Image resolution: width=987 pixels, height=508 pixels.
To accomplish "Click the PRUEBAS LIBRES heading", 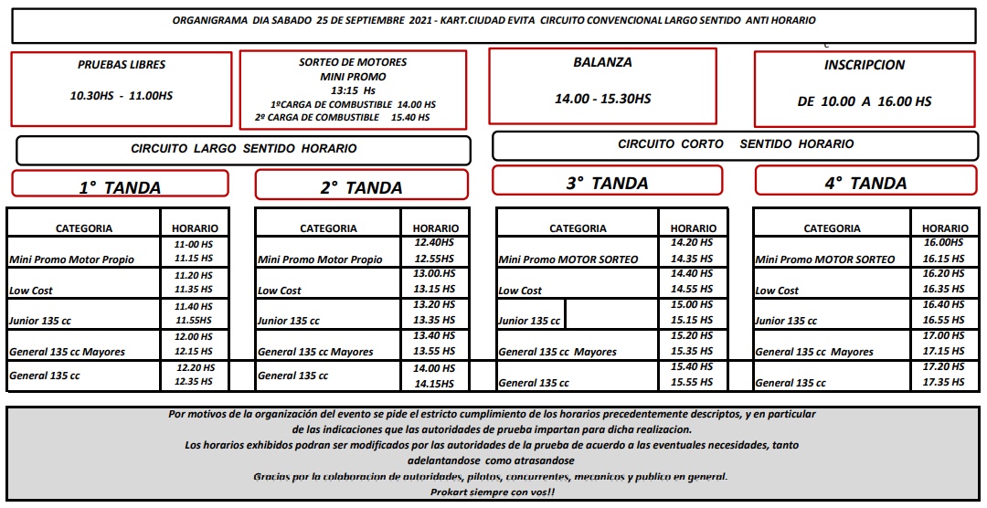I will pos(121,65).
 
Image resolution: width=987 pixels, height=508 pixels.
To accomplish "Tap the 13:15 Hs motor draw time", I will pos(353,90).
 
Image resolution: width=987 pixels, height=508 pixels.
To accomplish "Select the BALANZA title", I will pos(602,62).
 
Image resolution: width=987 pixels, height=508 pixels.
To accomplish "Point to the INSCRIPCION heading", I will pos(864,65).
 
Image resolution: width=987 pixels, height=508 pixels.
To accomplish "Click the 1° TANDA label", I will pos(120,188).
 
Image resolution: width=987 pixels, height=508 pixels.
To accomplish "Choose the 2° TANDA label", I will pos(361,188).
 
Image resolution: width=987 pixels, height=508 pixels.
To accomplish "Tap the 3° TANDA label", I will pos(607,183).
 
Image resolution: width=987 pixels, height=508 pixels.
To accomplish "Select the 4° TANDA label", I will pos(865,183).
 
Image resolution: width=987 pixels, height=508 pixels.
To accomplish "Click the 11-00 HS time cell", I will pos(193,246).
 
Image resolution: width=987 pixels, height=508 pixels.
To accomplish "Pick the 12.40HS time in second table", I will pos(434,243).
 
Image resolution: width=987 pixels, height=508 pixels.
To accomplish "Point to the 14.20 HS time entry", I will pos(692,243).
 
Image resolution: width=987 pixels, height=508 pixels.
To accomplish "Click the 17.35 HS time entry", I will pos(944,382).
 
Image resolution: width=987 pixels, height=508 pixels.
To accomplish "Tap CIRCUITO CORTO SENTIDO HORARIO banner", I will pos(736,143).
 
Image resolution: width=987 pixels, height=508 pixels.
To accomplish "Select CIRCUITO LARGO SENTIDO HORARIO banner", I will pos(243,148).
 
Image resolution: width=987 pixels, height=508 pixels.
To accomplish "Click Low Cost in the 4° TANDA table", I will pos(776,291).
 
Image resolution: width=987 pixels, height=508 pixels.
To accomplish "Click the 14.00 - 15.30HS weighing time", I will pos(602,99).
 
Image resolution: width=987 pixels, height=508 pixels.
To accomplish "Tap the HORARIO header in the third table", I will pos(693,228).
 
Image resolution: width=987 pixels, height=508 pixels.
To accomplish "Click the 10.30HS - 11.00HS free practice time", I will pos(121,96).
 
